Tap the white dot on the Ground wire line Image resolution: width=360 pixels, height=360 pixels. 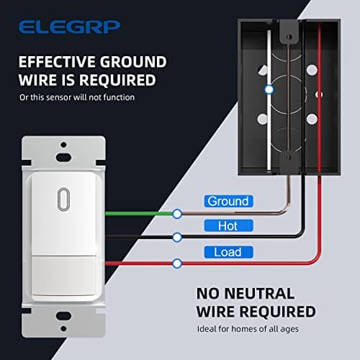[x=177, y=213]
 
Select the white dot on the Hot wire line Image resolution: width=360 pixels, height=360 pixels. [x=177, y=236]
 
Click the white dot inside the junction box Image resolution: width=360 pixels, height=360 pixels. [x=269, y=90]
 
